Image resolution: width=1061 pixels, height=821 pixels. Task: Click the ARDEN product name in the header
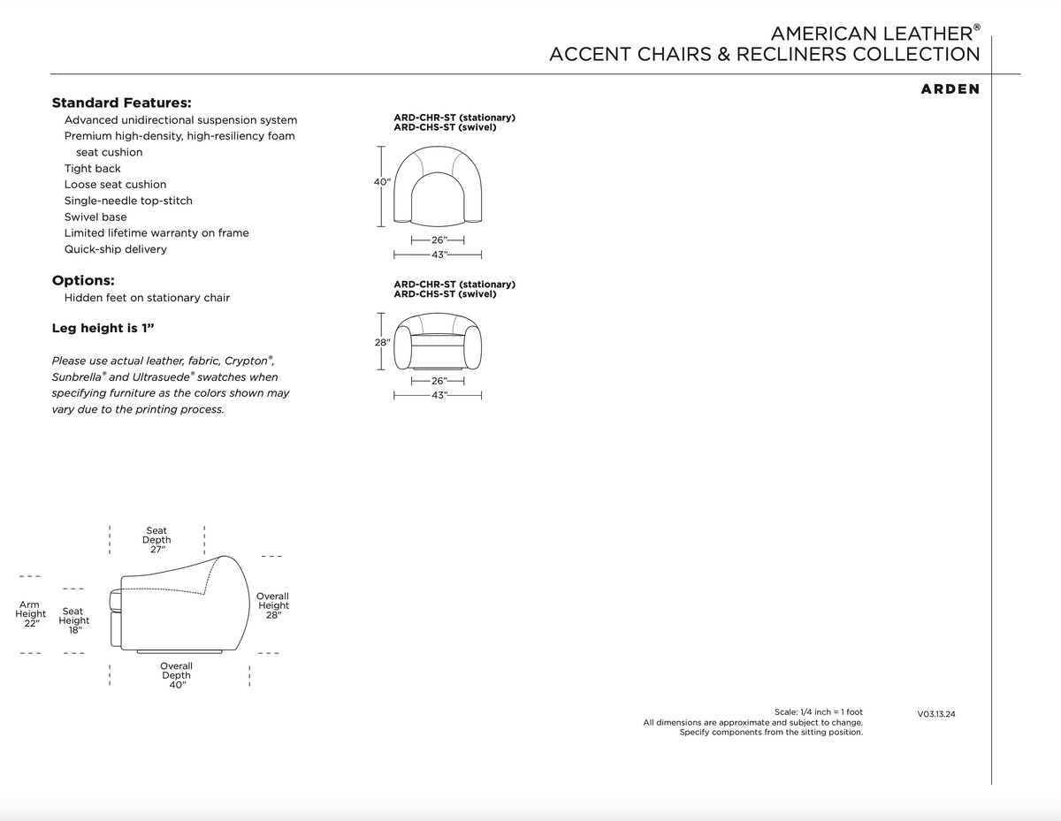pyautogui.click(x=949, y=89)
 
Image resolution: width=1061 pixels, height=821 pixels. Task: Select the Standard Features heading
pyautogui.click(x=122, y=103)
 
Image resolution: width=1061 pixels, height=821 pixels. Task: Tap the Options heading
pyautogui.click(x=83, y=280)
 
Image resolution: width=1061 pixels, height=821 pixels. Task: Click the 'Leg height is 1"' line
pyautogui.click(x=103, y=328)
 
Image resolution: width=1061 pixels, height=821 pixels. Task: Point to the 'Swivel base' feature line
pyautogui.click(x=95, y=217)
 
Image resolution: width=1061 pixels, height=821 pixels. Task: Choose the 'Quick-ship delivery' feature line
pyautogui.click(x=115, y=249)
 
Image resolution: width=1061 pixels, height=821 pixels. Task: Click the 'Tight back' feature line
pyautogui.click(x=93, y=169)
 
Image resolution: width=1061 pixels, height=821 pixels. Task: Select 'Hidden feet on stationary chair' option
pyautogui.click(x=147, y=298)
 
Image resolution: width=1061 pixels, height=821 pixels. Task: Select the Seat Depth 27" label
pyautogui.click(x=156, y=539)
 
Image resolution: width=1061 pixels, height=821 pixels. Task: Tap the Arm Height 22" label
pyautogui.click(x=31, y=613)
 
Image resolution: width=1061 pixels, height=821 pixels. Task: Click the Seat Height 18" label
pyautogui.click(x=73, y=620)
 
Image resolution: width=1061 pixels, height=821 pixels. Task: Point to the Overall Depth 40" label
pyautogui.click(x=176, y=675)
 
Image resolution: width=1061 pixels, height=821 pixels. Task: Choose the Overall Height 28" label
pyautogui.click(x=272, y=605)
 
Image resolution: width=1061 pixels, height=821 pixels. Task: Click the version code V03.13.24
pyautogui.click(x=936, y=713)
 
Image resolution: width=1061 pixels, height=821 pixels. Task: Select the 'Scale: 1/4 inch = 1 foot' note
pyautogui.click(x=818, y=711)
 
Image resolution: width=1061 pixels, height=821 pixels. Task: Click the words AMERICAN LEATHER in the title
pyautogui.click(x=871, y=34)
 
